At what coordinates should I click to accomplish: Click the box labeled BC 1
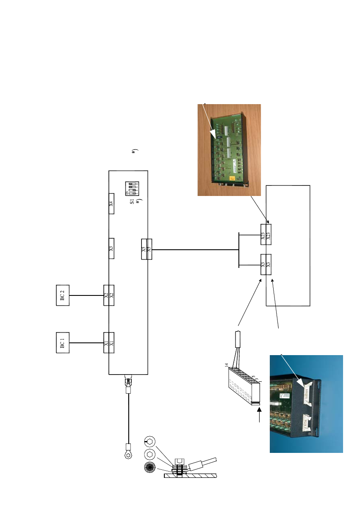click(63, 342)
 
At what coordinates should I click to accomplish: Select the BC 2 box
click(63, 295)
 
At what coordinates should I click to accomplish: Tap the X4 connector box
click(111, 204)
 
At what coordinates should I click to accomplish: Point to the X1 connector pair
click(109, 342)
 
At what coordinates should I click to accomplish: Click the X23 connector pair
click(266, 234)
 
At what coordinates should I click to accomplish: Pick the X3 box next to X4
click(111, 248)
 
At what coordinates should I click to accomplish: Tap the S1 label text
click(132, 201)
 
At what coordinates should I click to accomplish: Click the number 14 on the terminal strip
click(227, 365)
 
